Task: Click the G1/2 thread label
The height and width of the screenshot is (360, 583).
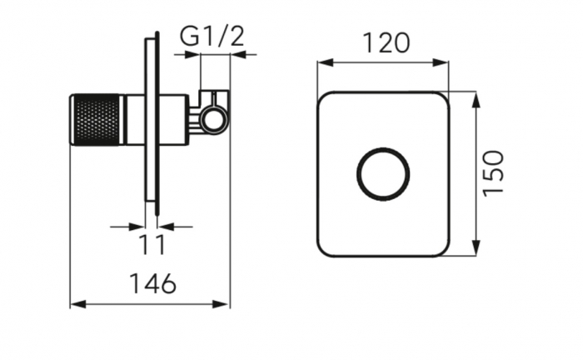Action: pyautogui.click(x=212, y=37)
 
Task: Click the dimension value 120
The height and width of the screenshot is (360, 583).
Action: pyautogui.click(x=386, y=42)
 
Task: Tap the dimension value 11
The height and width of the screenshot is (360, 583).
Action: pyautogui.click(x=152, y=245)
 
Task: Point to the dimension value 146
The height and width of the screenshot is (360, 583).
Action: pyautogui.click(x=152, y=283)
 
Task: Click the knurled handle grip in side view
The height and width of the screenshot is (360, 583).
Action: pyautogui.click(x=96, y=119)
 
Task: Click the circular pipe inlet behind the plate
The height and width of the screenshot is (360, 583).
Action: pyautogui.click(x=213, y=120)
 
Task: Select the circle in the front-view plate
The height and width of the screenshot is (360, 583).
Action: pyautogui.click(x=383, y=174)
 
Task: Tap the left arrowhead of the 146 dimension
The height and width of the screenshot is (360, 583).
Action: pyautogui.click(x=78, y=304)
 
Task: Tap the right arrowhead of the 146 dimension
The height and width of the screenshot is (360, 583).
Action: pyautogui.click(x=221, y=304)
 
